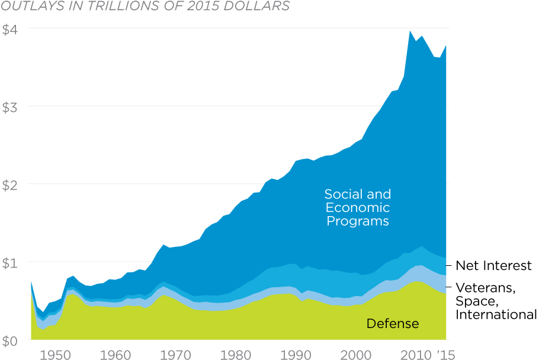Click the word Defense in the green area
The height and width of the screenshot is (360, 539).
(x=393, y=323)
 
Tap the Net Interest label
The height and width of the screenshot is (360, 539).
(x=493, y=266)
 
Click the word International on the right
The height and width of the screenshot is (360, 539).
(x=496, y=314)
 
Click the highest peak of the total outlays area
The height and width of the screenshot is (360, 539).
(x=410, y=31)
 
